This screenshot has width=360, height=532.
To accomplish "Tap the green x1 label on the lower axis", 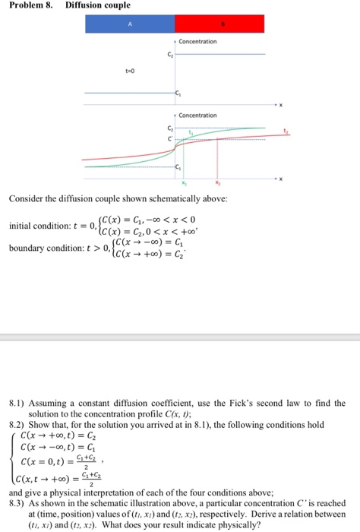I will click(x=182, y=184).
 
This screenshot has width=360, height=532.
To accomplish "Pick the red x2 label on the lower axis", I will click(x=217, y=184).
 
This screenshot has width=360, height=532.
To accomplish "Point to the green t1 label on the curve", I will click(x=192, y=134).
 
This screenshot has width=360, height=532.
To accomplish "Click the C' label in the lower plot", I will click(x=169, y=139).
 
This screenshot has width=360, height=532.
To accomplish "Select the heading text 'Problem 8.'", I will click(x=29, y=5).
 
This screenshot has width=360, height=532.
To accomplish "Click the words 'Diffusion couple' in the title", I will click(x=87, y=5).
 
